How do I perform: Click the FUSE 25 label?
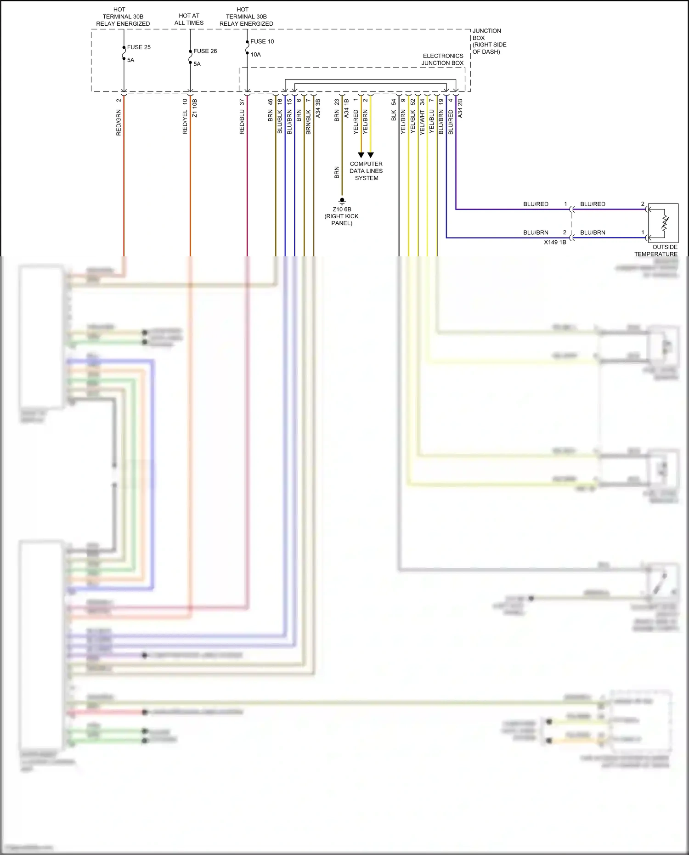click(x=139, y=47)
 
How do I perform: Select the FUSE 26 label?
click(x=205, y=51)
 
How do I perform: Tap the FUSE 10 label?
click(x=262, y=41)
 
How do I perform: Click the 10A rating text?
click(x=255, y=55)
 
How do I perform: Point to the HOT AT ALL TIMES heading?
click(x=189, y=19)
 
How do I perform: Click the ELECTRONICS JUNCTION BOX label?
click(x=443, y=59)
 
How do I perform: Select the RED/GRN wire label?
click(x=119, y=122)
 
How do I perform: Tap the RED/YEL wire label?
click(x=185, y=122)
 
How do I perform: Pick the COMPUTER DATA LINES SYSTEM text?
click(x=366, y=171)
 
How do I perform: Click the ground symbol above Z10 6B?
click(x=342, y=201)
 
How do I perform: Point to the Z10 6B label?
click(x=342, y=210)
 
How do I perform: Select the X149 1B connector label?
click(x=555, y=242)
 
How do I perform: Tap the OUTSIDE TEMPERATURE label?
click(x=657, y=250)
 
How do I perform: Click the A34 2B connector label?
click(x=460, y=108)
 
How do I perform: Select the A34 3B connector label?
click(x=318, y=108)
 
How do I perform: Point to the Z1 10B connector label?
click(x=195, y=108)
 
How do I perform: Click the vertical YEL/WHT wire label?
click(x=422, y=122)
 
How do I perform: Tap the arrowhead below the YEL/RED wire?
click(x=361, y=155)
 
